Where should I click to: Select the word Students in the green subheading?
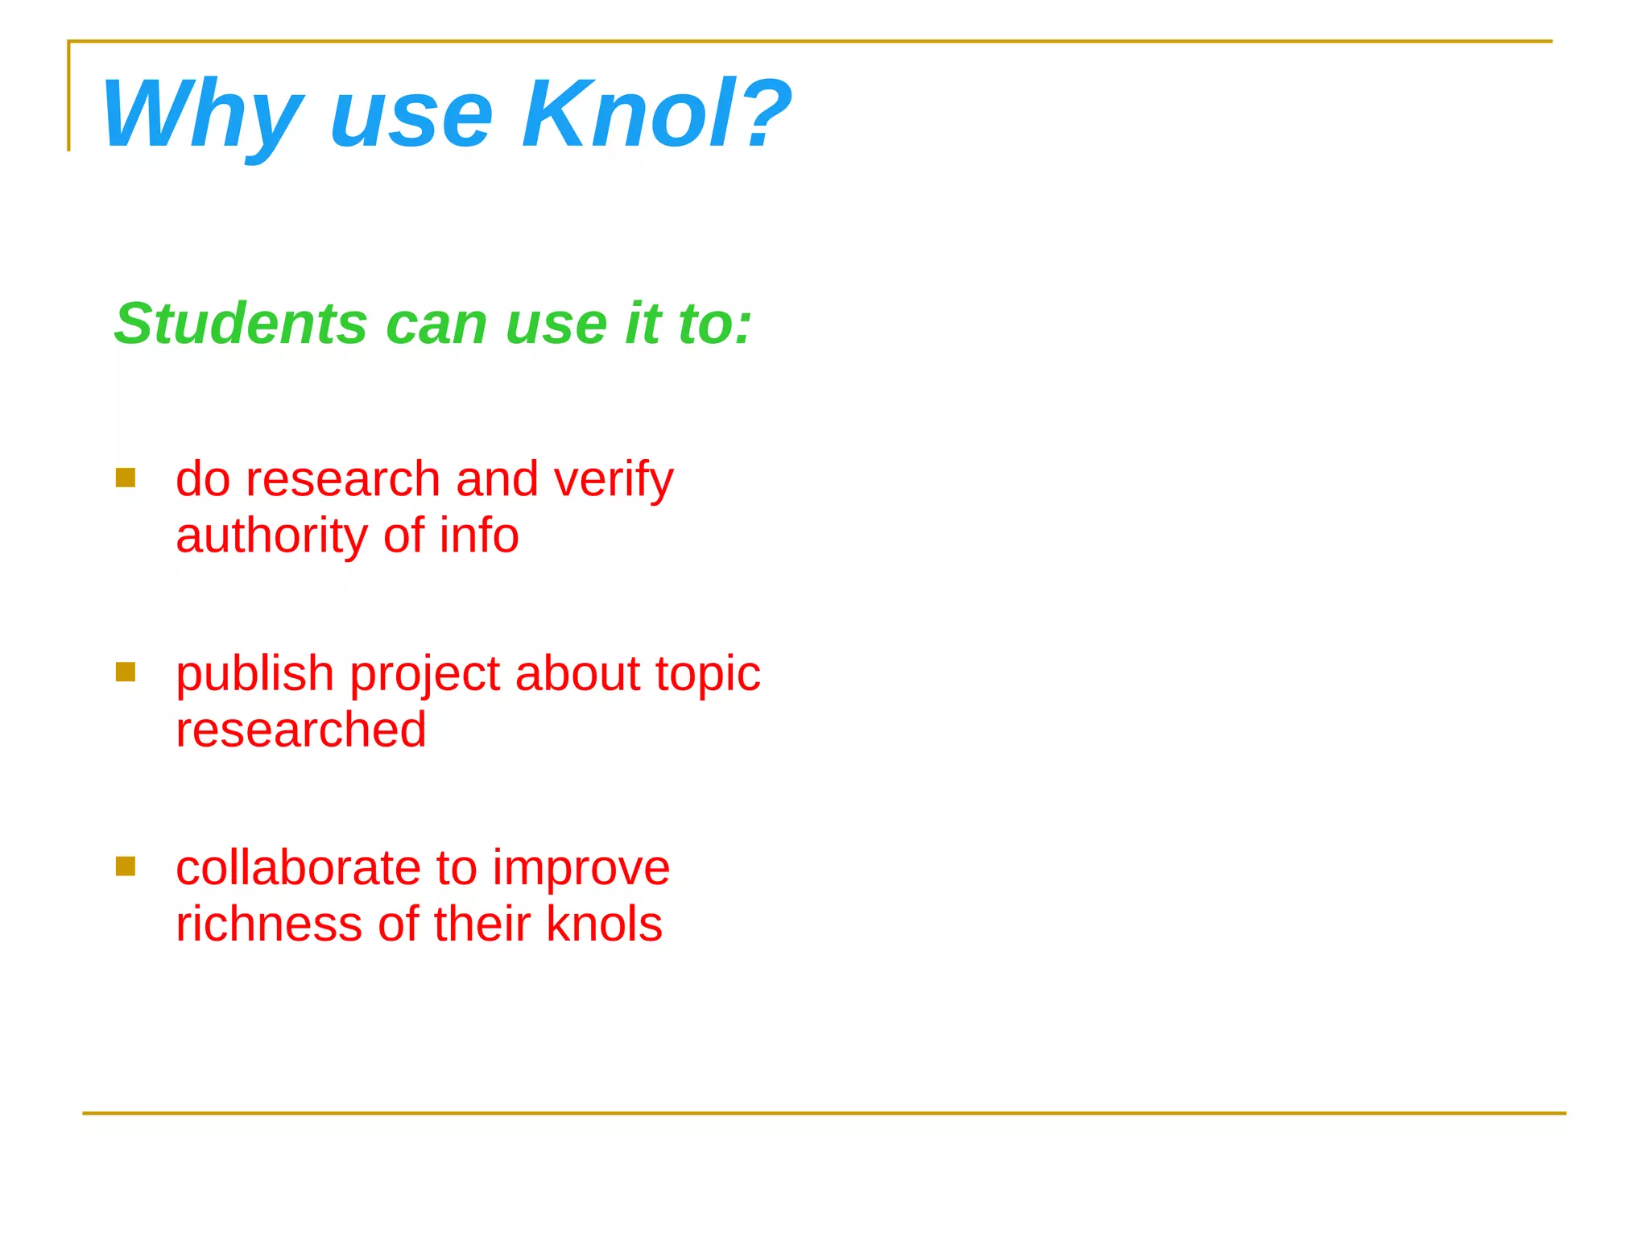click(x=241, y=324)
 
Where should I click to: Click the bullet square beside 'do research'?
click(x=126, y=478)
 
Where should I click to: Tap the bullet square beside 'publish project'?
click(x=126, y=672)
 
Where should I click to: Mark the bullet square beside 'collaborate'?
click(x=126, y=867)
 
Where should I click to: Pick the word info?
click(x=479, y=536)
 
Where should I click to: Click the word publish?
click(x=254, y=675)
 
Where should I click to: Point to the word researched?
click(x=301, y=730)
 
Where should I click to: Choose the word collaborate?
click(x=298, y=868)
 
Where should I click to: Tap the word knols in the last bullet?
click(x=604, y=924)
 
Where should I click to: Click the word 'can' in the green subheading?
click(x=436, y=324)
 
